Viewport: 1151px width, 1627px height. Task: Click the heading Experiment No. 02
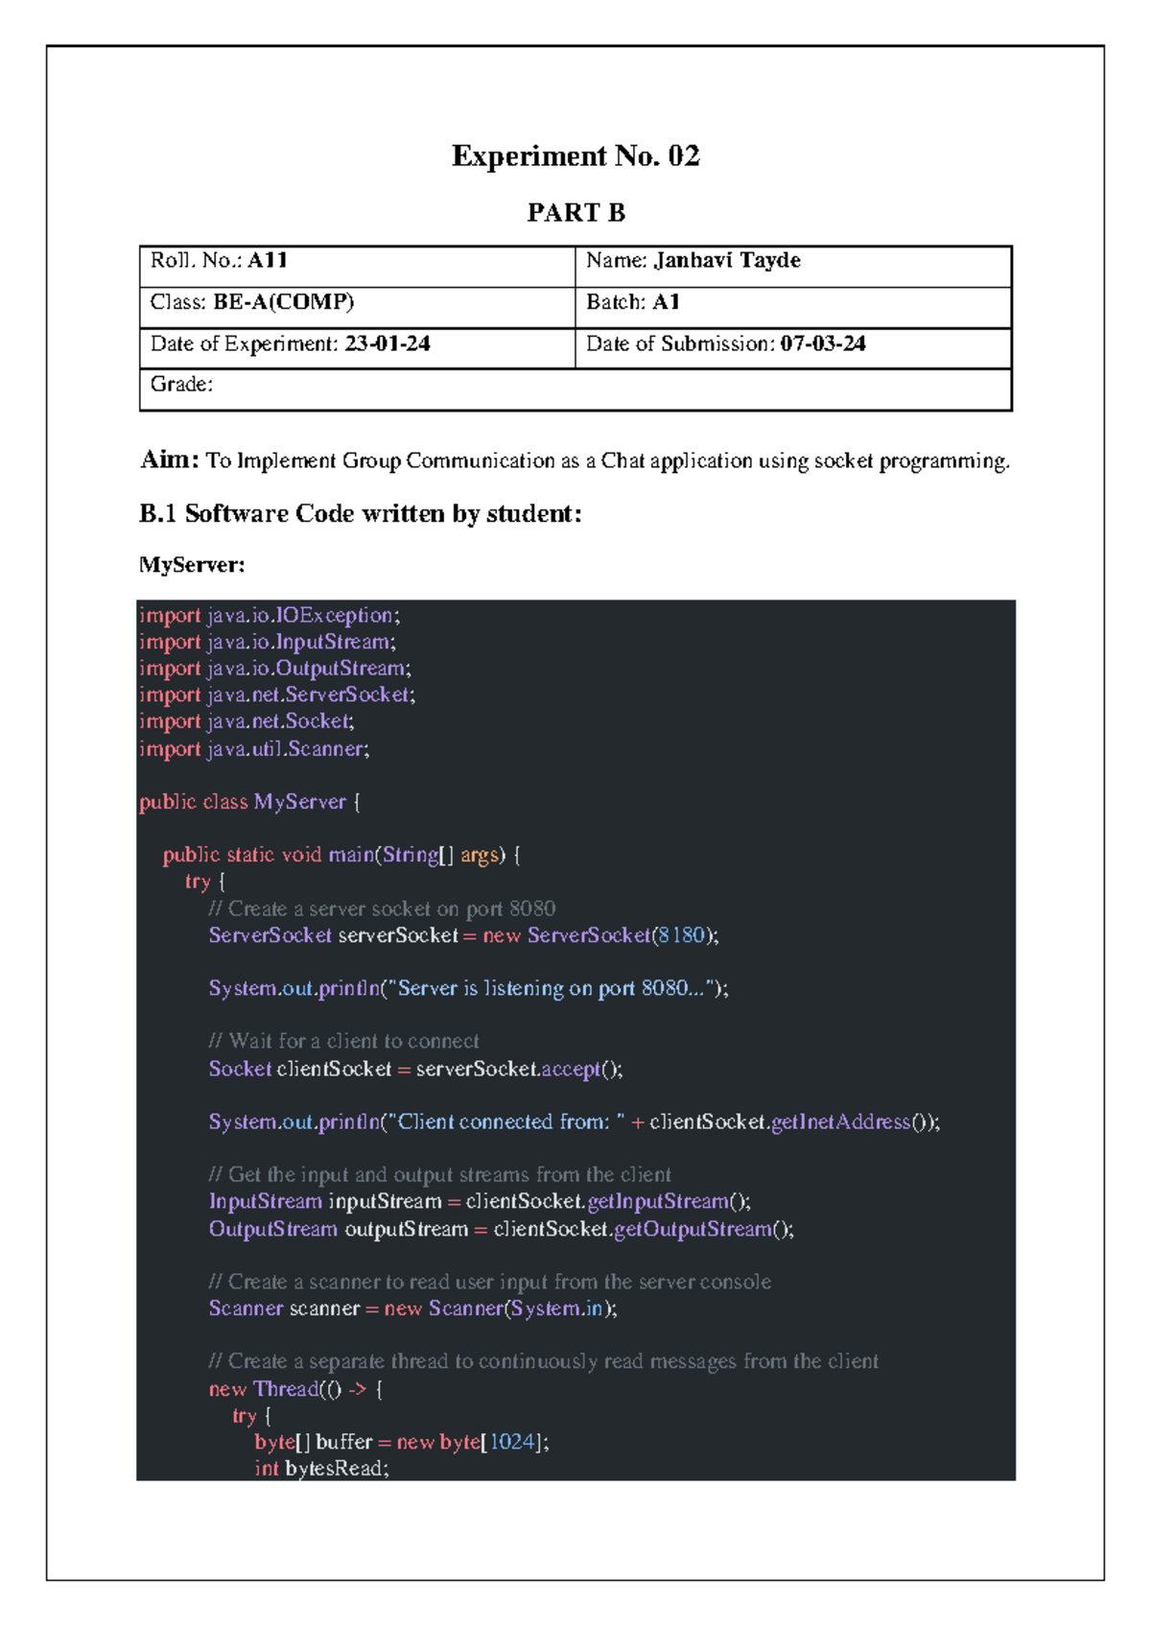coord(575,156)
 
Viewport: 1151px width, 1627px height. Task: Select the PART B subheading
coord(575,213)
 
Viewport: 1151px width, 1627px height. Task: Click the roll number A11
coord(268,261)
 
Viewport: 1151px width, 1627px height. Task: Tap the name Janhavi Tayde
coord(727,261)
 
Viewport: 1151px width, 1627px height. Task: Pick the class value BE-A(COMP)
coord(284,302)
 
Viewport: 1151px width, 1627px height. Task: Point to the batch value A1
coord(666,302)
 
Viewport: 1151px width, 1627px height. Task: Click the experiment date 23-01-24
coord(388,343)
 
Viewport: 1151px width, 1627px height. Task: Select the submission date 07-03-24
coord(823,343)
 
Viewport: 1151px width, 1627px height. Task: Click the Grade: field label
coord(181,385)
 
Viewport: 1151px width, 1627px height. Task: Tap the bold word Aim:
coord(170,460)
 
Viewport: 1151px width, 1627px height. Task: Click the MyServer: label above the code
coord(192,565)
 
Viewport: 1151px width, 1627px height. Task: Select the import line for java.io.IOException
coord(270,615)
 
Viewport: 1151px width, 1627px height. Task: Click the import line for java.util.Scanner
coord(254,748)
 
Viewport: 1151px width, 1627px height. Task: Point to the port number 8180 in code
coord(681,935)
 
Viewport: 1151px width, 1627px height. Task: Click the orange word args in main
coord(480,855)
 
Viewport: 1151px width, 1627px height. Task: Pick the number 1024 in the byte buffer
coord(511,1442)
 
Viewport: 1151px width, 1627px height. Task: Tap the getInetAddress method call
coord(840,1121)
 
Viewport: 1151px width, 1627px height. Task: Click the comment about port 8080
coord(382,908)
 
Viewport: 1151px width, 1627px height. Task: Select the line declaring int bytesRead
coord(321,1469)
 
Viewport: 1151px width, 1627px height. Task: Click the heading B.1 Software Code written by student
coord(361,514)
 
